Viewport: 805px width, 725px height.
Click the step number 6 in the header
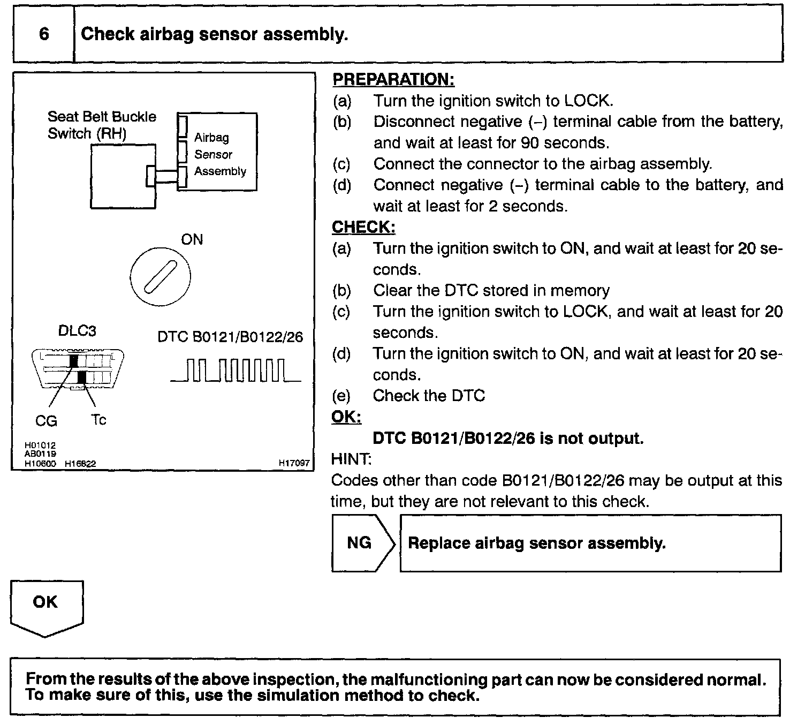click(44, 34)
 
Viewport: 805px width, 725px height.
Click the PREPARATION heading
click(393, 80)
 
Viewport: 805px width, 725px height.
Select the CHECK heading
click(363, 227)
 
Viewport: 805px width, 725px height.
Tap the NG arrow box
click(362, 543)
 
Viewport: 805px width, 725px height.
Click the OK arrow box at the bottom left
click(46, 605)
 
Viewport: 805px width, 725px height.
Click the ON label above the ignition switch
click(192, 239)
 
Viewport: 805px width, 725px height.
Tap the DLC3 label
click(77, 331)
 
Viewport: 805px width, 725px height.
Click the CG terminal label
click(46, 421)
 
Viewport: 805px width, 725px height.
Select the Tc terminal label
click(98, 420)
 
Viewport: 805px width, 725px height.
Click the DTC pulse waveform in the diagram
click(236, 371)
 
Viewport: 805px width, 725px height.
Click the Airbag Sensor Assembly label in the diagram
click(219, 154)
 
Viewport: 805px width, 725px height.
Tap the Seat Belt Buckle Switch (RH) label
click(102, 125)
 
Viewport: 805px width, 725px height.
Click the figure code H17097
click(294, 463)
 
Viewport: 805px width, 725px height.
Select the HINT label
click(351, 459)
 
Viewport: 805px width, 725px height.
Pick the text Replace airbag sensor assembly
click(536, 543)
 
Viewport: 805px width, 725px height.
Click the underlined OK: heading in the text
click(346, 417)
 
